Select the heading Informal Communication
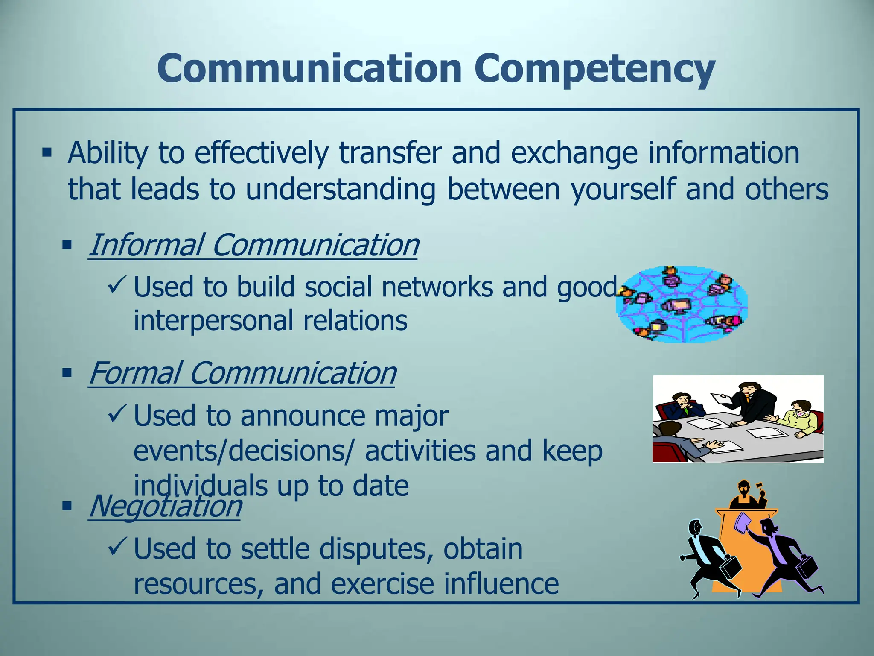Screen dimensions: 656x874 [253, 245]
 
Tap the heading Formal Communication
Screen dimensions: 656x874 [242, 373]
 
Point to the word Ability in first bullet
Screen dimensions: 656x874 [108, 152]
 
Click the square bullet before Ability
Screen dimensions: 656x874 [47, 152]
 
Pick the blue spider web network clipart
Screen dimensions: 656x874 [682, 304]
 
